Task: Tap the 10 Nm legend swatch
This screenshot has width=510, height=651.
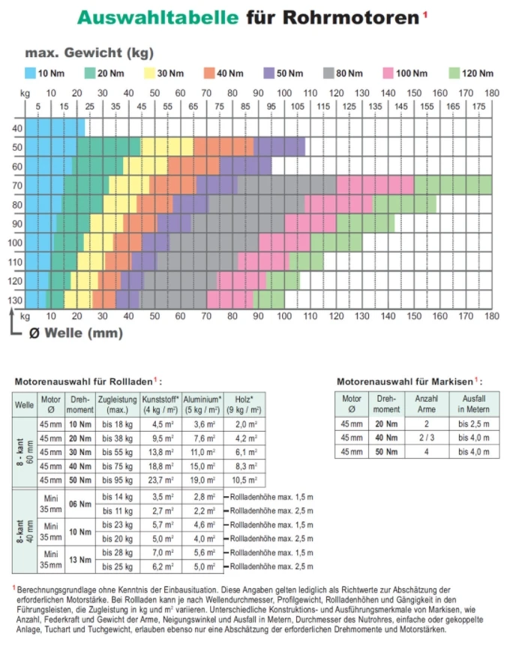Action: tap(31, 73)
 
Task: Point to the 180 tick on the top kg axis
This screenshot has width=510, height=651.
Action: tap(491, 92)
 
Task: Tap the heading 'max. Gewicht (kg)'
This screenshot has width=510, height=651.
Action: tap(89, 53)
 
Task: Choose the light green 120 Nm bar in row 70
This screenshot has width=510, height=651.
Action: tap(452, 185)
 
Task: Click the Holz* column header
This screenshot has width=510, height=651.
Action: tap(244, 405)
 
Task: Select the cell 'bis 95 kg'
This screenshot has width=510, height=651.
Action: tap(116, 481)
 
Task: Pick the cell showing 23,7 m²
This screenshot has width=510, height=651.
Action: tap(157, 481)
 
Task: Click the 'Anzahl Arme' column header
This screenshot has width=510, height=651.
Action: tap(425, 404)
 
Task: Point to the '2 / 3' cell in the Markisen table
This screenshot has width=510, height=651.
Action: tap(425, 437)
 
